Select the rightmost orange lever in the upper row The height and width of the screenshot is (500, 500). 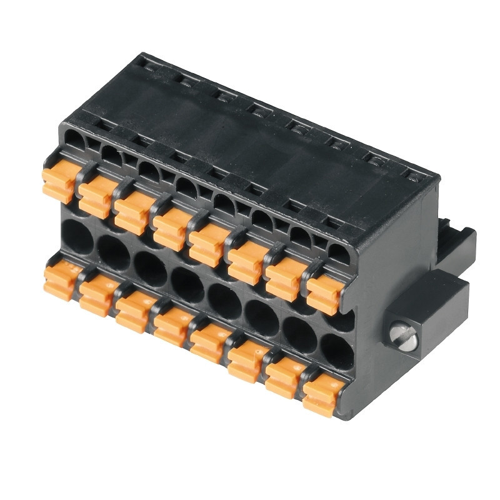click(324, 294)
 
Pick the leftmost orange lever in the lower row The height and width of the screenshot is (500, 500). click(61, 281)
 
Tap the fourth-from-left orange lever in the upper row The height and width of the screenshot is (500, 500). click(171, 229)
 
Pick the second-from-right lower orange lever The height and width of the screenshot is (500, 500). click(284, 378)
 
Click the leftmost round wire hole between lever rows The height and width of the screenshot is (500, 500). click(77, 237)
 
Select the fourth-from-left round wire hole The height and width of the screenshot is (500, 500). click(187, 285)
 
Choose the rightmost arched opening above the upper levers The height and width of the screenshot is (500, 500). click(339, 254)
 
